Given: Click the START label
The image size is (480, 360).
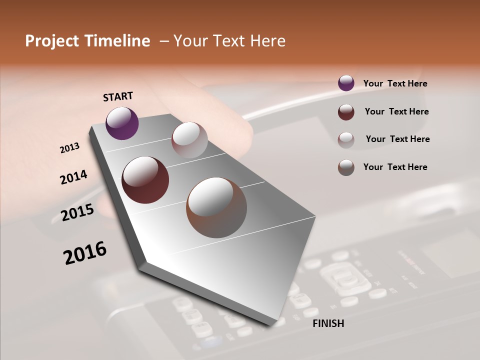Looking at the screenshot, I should tap(118, 96).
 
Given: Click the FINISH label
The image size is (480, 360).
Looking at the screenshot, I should tap(328, 323).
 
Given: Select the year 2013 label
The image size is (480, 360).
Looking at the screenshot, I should tap(69, 148).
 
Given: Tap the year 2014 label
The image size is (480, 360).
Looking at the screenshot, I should tap(73, 177).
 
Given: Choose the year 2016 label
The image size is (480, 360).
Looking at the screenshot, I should tap(85, 253).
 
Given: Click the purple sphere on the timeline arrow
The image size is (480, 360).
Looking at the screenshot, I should tap(122, 123).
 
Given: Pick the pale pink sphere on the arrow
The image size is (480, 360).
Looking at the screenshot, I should tap(189, 140).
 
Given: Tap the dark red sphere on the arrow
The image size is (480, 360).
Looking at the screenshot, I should tap(145, 180).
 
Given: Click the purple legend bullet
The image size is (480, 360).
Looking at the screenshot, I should tap(346, 83).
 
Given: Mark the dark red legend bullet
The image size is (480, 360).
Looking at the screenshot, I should tap(346, 112).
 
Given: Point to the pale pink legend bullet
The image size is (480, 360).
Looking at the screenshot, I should tap(346, 139).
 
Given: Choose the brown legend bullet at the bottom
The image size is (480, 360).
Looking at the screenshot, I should tap(346, 167).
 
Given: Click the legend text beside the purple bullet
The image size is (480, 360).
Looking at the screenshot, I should tap(395, 83).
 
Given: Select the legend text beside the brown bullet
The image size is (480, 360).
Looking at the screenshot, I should tap(395, 167).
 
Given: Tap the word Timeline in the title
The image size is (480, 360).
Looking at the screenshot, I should tap(118, 41).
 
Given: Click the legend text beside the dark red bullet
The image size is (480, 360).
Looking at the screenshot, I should tap(396, 111).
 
